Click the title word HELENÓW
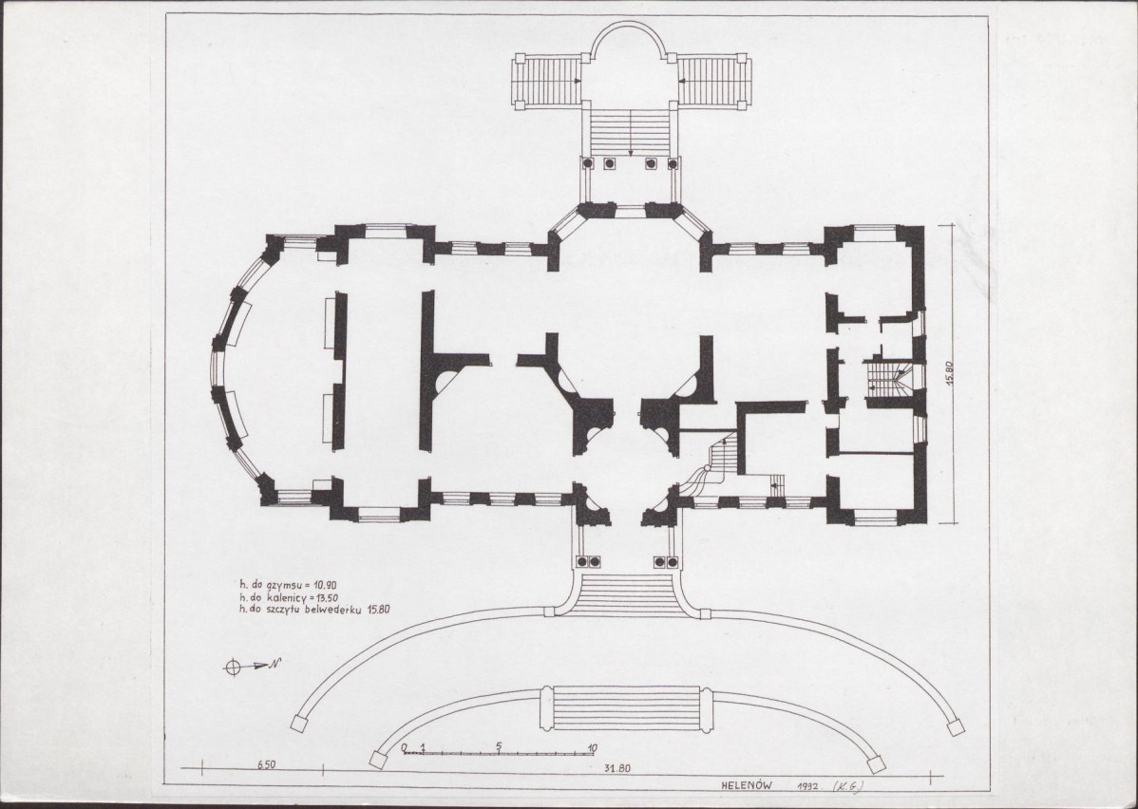click(x=747, y=785)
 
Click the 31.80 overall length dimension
click(x=616, y=769)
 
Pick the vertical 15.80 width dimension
click(x=959, y=373)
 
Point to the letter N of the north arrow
click(x=275, y=663)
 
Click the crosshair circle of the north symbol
click(x=232, y=667)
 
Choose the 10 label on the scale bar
click(x=592, y=748)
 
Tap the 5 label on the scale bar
click(x=500, y=746)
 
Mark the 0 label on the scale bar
click(x=405, y=747)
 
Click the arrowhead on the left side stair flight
click(x=577, y=81)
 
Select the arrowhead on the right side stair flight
click(x=683, y=81)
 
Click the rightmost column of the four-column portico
click(x=672, y=164)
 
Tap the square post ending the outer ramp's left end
click(x=296, y=724)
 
